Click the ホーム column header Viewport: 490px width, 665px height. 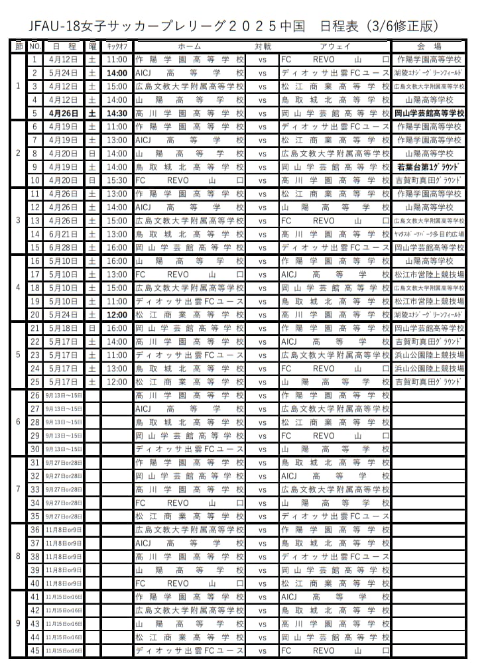(190, 46)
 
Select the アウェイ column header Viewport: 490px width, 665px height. (335, 46)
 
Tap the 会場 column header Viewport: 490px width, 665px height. (429, 46)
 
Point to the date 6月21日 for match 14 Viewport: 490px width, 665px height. (64, 234)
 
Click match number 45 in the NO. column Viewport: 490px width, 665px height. (35, 650)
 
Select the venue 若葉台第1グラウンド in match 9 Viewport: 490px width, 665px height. (429, 167)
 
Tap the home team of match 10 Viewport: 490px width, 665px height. (190, 180)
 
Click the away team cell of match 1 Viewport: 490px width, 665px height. (335, 60)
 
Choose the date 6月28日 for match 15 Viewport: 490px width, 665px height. (64, 247)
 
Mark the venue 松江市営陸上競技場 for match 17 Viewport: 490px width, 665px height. (429, 274)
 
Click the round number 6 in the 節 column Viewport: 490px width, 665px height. (17, 422)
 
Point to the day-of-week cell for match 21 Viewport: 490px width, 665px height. (92, 328)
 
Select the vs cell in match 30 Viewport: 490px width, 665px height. (263, 449)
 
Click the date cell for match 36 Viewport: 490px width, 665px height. (64, 530)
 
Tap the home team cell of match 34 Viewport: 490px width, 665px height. (190, 503)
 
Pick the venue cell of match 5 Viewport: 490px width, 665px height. (429, 113)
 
